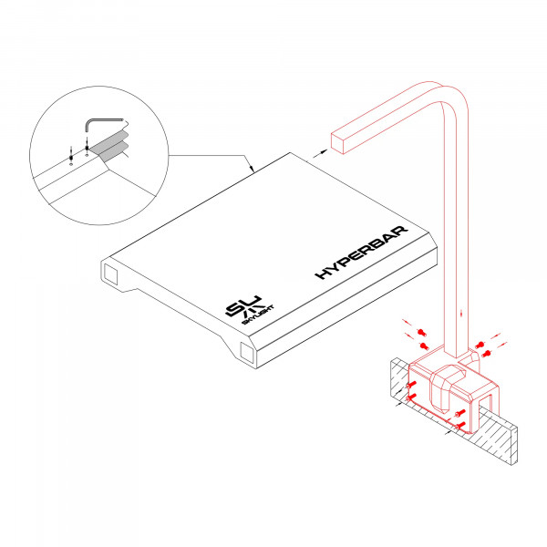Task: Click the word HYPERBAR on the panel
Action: [x=362, y=259]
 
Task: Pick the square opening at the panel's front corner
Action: [x=246, y=353]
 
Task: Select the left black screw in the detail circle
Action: [x=71, y=157]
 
